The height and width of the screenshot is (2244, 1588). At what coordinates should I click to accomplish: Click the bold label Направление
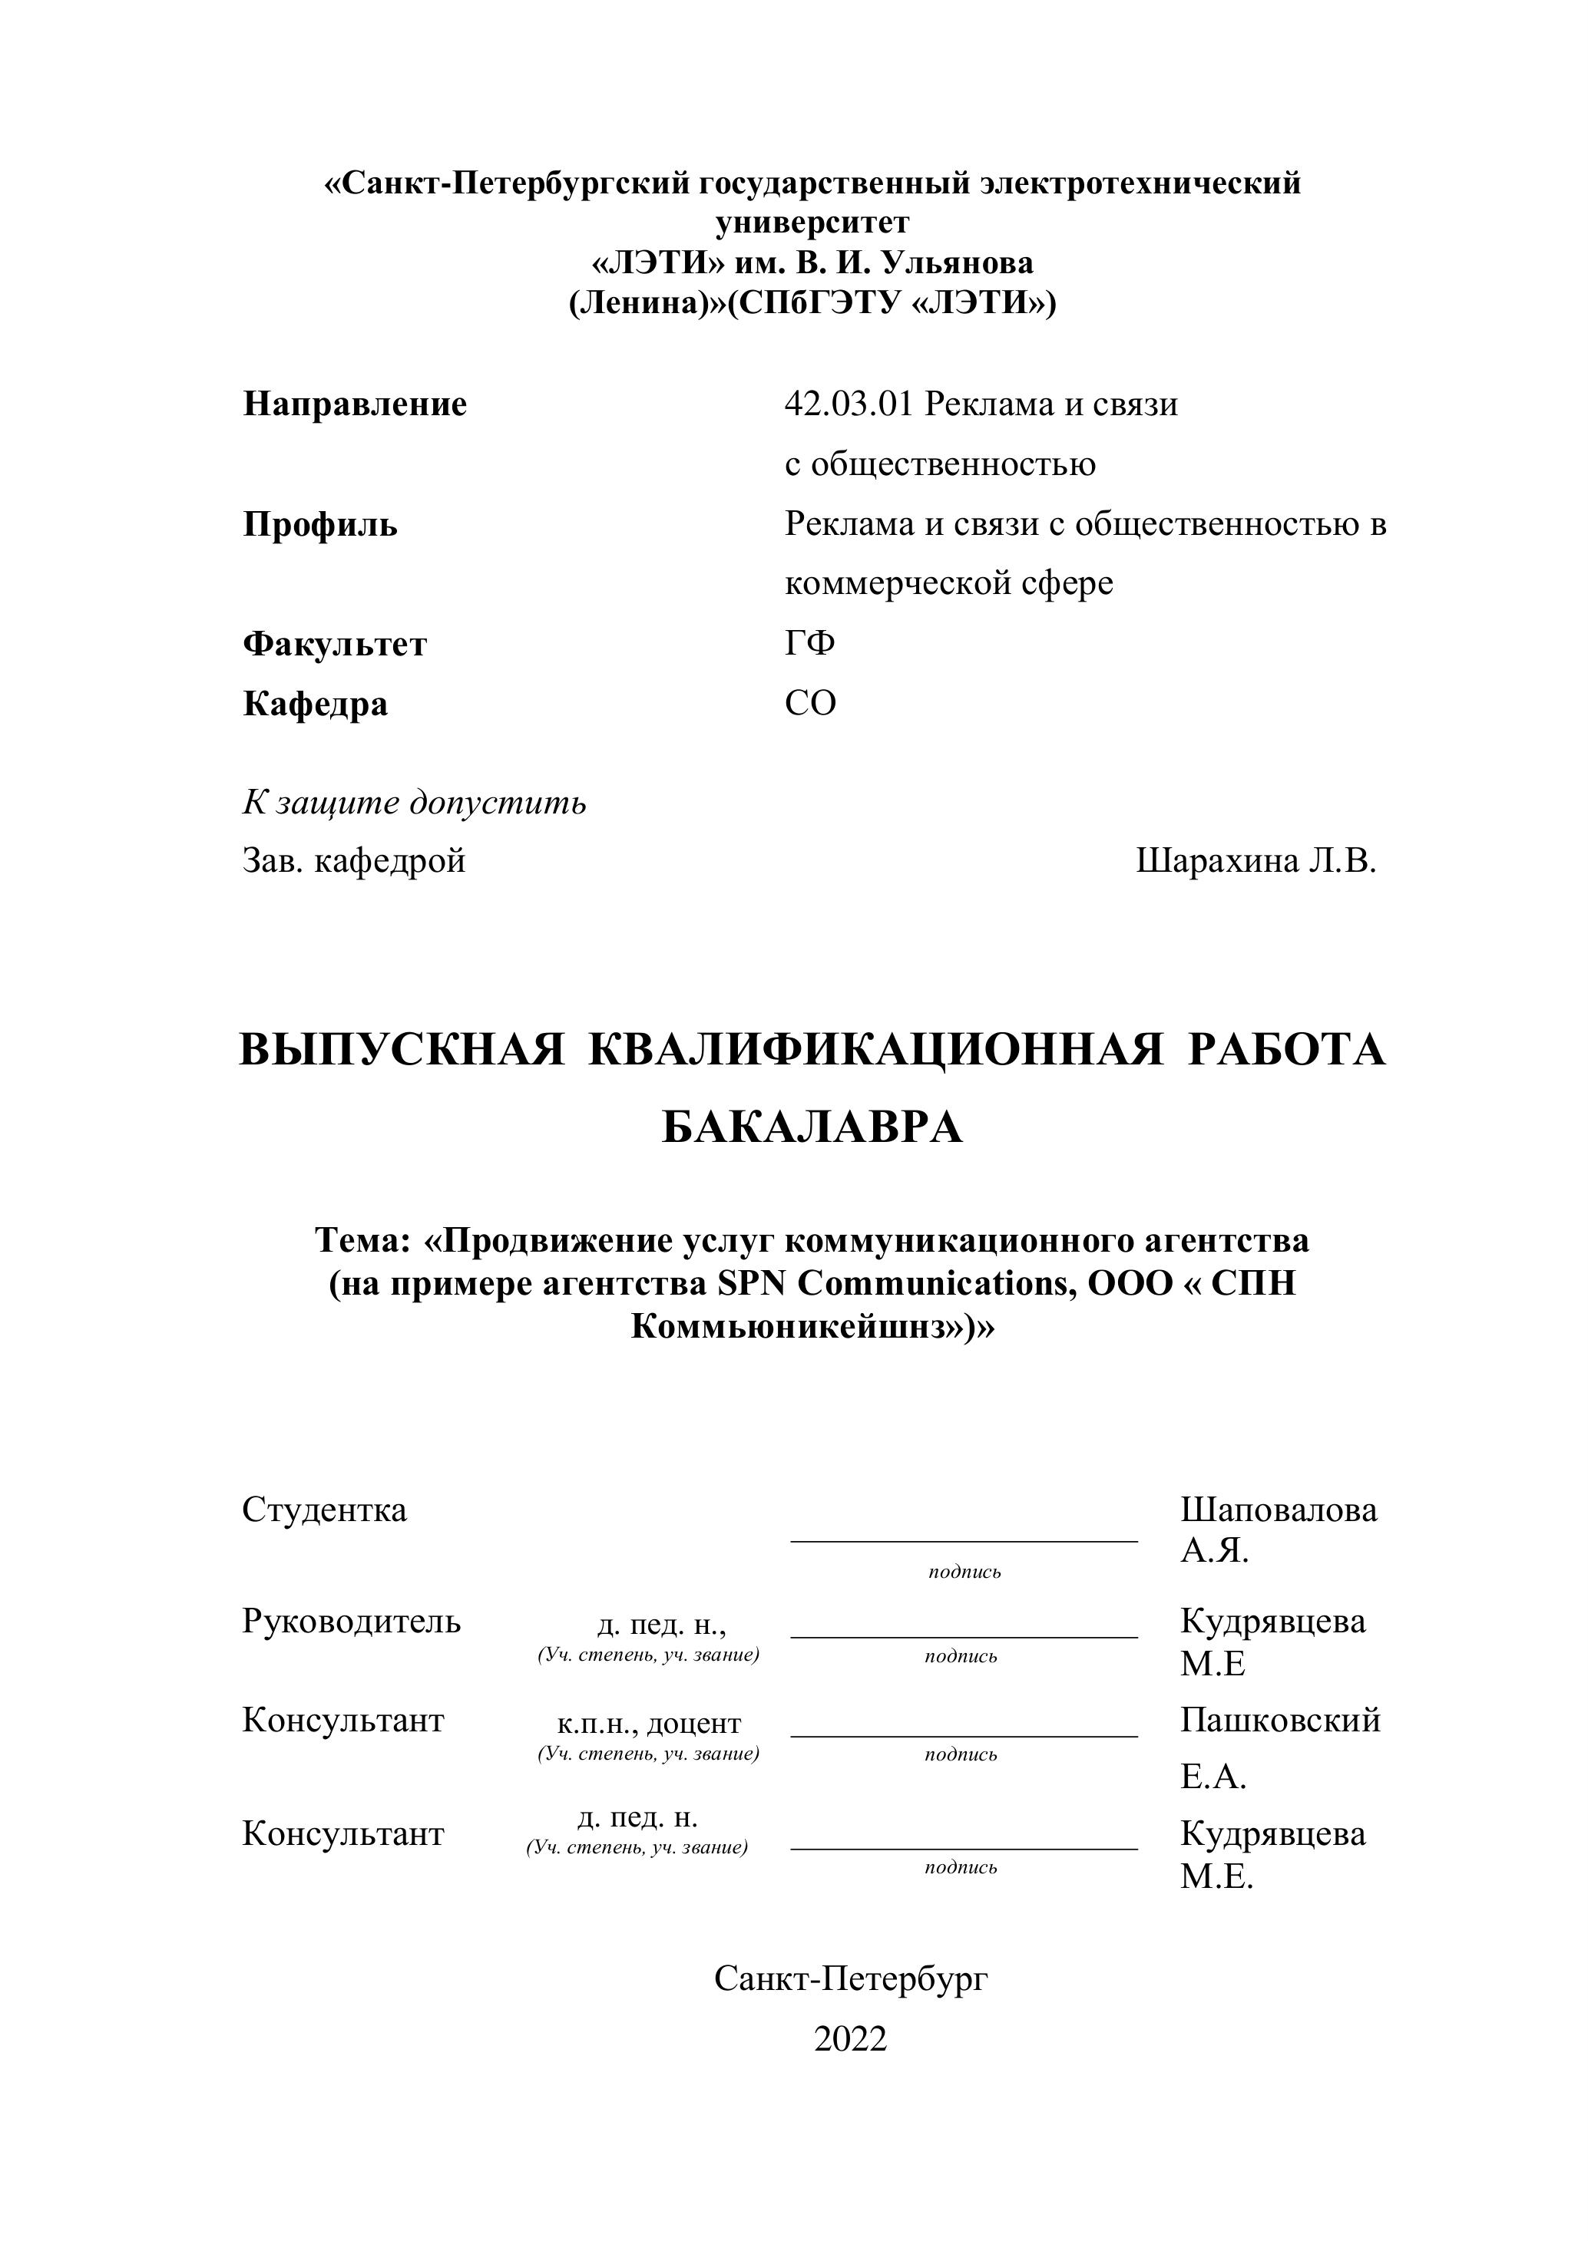point(355,404)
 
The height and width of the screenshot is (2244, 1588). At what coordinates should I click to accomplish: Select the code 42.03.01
point(848,404)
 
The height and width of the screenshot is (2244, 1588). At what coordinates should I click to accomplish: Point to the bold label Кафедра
point(315,704)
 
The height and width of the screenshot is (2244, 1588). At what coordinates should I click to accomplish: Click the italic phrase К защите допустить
point(415,803)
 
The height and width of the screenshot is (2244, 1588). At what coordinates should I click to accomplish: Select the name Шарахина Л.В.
point(1256,861)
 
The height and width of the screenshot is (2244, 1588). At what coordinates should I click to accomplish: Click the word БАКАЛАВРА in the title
point(812,1128)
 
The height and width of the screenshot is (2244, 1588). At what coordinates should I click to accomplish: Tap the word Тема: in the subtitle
point(362,1241)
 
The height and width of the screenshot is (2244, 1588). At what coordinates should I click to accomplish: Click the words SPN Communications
point(890,1284)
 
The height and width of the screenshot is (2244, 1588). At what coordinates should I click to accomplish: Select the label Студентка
point(325,1510)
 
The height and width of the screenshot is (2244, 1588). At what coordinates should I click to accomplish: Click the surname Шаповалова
point(1278,1510)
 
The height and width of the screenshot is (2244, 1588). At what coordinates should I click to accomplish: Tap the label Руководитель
point(351,1622)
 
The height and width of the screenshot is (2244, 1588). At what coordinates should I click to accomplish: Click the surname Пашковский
point(1280,1720)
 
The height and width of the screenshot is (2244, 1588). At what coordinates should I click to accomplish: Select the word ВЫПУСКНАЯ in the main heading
point(402,1051)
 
